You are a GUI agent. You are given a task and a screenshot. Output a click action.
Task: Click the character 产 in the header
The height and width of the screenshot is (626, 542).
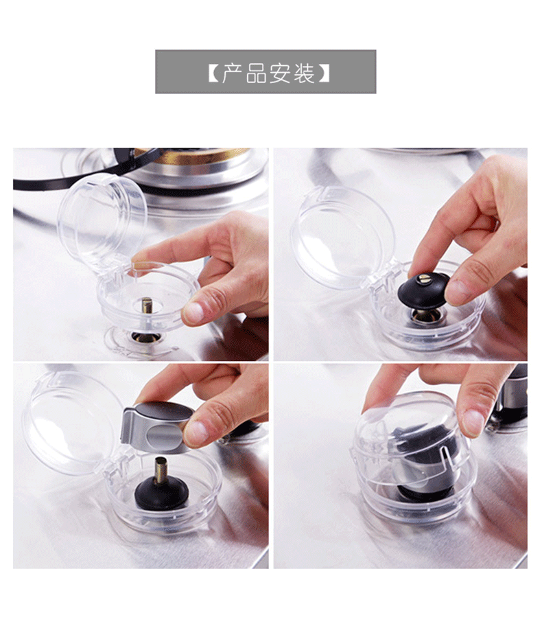(232, 72)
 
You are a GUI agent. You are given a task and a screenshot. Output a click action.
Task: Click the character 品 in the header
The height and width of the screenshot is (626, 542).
(256, 72)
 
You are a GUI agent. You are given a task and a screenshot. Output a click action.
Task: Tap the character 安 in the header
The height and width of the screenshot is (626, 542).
(281, 72)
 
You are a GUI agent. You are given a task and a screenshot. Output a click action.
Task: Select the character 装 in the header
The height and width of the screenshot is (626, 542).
(305, 72)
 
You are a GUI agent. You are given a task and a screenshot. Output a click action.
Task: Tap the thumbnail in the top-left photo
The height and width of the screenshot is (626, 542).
(194, 312)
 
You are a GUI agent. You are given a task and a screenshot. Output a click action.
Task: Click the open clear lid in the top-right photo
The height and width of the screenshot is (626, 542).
(342, 235)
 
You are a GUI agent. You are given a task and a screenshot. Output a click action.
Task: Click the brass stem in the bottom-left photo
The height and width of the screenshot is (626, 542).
(162, 469)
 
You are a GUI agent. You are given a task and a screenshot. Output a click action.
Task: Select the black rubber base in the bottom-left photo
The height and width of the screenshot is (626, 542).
(161, 494)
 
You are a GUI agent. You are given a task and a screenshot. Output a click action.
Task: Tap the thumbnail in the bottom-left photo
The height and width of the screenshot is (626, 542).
(198, 432)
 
